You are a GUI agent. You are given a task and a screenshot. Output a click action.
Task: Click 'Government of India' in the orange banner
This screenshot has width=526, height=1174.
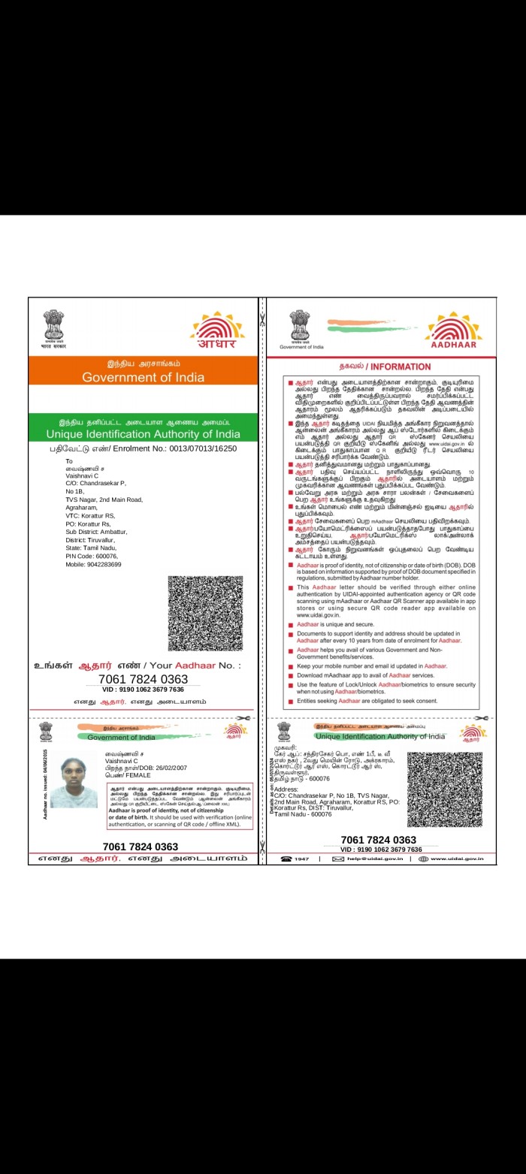(143, 377)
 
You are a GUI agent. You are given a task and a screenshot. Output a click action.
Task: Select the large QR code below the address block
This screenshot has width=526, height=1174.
(205, 613)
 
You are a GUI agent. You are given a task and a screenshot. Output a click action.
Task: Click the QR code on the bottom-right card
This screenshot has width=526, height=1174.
(445, 789)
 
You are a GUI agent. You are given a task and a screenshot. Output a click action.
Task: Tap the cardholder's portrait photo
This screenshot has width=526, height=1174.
(73, 783)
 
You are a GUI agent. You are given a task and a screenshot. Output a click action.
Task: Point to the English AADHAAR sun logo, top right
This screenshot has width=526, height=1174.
(454, 330)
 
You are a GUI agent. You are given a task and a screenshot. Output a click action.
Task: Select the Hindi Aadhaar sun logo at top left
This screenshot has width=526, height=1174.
(217, 330)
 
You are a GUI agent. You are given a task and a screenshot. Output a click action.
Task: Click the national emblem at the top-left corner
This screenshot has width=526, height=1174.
(53, 328)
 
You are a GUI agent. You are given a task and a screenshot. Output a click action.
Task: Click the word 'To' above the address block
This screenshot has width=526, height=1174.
(69, 460)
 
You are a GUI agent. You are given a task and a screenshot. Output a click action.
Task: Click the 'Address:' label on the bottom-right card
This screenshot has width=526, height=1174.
(287, 789)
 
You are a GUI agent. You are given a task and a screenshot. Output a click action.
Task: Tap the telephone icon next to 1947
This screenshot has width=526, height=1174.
(286, 859)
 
